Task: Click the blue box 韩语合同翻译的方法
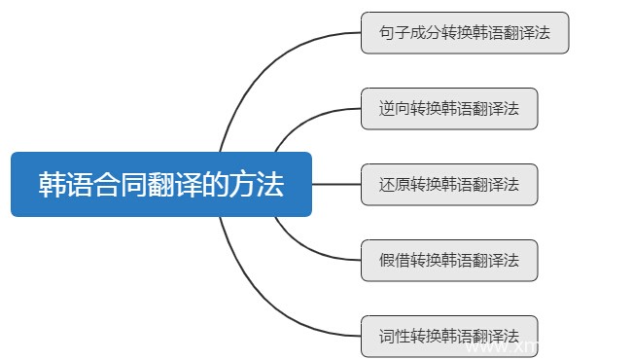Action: [x=160, y=184]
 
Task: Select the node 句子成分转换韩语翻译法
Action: [x=464, y=32]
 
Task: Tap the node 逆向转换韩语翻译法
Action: [x=448, y=108]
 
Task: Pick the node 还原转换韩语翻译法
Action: [x=448, y=184]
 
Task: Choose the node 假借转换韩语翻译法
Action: [x=448, y=260]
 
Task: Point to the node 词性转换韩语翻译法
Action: [x=448, y=336]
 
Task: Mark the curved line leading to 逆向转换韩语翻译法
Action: [x=297, y=123]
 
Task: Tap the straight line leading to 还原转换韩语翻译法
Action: [x=335, y=184]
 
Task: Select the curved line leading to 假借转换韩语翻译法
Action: [x=297, y=245]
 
